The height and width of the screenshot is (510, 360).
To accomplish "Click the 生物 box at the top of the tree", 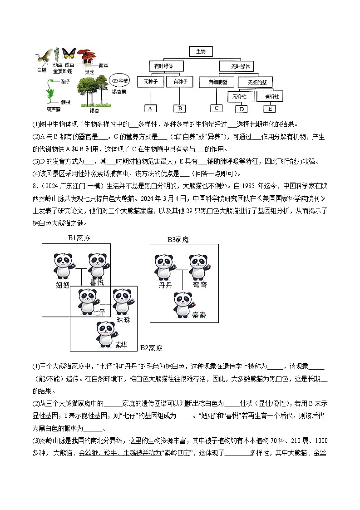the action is [201, 52].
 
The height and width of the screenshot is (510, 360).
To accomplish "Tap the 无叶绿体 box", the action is [240, 67].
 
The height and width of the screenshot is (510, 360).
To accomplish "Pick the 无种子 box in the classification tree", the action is [150, 82].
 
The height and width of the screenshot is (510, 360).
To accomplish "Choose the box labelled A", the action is [150, 108].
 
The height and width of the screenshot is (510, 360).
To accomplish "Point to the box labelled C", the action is [217, 108].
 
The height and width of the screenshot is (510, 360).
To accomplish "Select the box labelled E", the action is [270, 109].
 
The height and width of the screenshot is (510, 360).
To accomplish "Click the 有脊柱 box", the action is [270, 96].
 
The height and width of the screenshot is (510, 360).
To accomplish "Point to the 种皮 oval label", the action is [120, 80].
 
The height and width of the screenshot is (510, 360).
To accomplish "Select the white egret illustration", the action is [43, 58].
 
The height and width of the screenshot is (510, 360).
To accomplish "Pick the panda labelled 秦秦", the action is [183, 304].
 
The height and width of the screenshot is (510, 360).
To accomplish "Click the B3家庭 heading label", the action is [178, 239].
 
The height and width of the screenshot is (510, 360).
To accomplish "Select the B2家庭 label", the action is [151, 348].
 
